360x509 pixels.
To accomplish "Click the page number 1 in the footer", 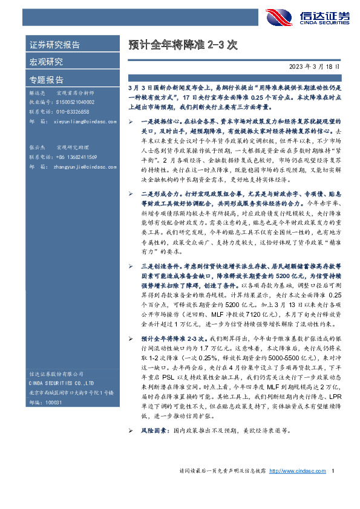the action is (x=333, y=488).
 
